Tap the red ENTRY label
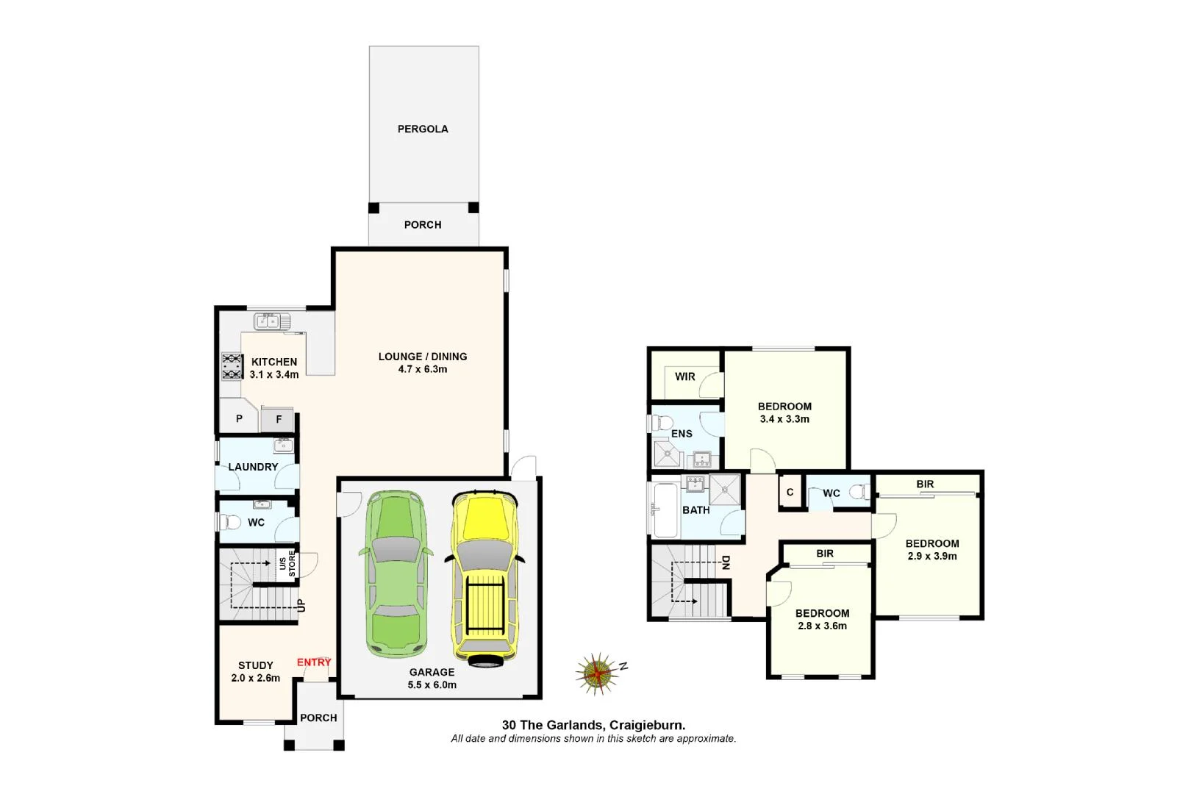click(x=314, y=662)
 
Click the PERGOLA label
click(x=423, y=129)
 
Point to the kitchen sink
click(x=272, y=321)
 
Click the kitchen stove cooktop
click(x=232, y=366)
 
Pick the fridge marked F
click(x=279, y=419)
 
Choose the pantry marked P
click(x=239, y=419)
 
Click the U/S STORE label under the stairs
click(x=287, y=565)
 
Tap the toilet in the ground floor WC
click(x=229, y=523)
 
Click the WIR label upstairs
click(x=684, y=376)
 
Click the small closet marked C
click(x=790, y=493)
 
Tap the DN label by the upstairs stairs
click(x=726, y=563)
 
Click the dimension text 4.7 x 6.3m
click(x=423, y=369)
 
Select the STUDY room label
click(x=255, y=665)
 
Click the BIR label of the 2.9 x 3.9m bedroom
click(x=925, y=484)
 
